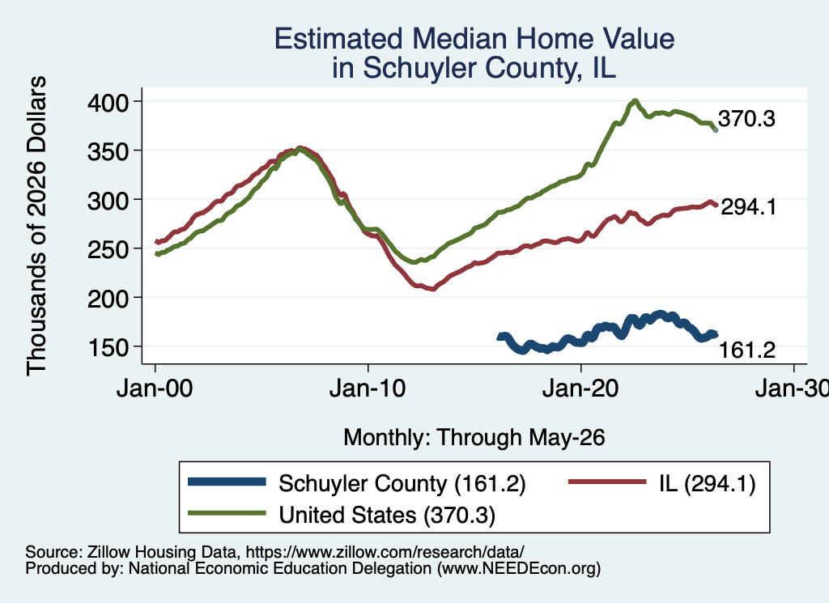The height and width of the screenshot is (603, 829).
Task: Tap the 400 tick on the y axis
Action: click(108, 103)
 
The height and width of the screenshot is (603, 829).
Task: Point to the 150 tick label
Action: click(108, 348)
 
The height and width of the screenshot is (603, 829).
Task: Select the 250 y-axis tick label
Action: click(108, 249)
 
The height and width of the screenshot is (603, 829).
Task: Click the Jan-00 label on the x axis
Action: click(155, 389)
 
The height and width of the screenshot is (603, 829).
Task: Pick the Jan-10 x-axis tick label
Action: click(368, 389)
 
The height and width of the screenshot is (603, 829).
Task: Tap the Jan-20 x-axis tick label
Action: click(581, 389)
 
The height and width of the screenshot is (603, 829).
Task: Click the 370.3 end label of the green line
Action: click(746, 119)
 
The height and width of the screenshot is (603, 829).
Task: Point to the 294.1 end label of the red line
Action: click(749, 207)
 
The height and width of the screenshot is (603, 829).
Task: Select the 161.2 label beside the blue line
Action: click(747, 350)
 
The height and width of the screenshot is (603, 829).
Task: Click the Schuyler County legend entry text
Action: click(402, 484)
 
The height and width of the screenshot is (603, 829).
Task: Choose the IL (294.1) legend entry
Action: click(708, 484)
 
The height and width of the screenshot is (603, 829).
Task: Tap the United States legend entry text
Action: click(388, 516)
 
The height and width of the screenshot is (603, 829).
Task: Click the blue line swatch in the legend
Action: click(227, 482)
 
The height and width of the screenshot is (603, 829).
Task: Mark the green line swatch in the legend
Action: click(227, 512)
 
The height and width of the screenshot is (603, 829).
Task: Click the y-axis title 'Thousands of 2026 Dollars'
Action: click(36, 226)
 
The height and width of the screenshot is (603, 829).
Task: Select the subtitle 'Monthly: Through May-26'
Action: click(474, 438)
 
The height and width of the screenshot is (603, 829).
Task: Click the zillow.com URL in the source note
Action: click(385, 552)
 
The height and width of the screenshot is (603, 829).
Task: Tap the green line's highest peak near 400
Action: click(635, 101)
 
